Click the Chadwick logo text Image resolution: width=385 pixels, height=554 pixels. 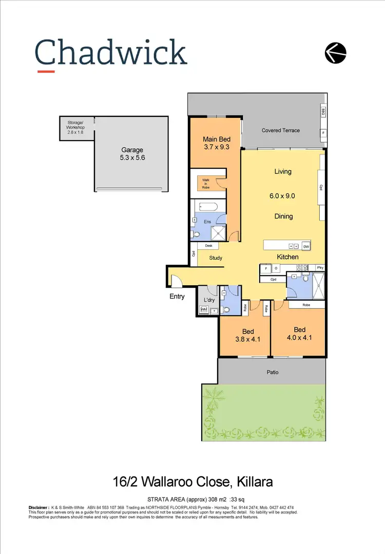click(111, 53)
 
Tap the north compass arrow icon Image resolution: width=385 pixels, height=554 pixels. click(336, 52)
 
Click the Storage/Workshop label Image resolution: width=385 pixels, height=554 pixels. click(75, 127)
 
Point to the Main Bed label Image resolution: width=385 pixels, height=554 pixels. click(216, 143)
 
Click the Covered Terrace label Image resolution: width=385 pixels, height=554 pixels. click(280, 130)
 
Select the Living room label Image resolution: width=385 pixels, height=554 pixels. click(283, 171)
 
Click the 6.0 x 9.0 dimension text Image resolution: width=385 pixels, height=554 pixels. click(283, 195)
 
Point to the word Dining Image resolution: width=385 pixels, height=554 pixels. click(283, 216)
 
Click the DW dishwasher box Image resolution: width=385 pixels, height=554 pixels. click(306, 247)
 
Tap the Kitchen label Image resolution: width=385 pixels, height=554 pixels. click(287, 256)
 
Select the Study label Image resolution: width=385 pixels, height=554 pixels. click(216, 258)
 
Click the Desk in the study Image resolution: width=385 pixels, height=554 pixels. click(208, 246)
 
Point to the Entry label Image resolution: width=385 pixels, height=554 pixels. click(178, 296)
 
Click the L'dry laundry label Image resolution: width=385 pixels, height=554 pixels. click(209, 300)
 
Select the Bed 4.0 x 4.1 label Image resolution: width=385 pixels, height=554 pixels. click(299, 333)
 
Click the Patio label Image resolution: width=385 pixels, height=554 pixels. click(273, 372)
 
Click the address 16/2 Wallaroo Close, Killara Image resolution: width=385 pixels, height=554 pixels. click(192, 482)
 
